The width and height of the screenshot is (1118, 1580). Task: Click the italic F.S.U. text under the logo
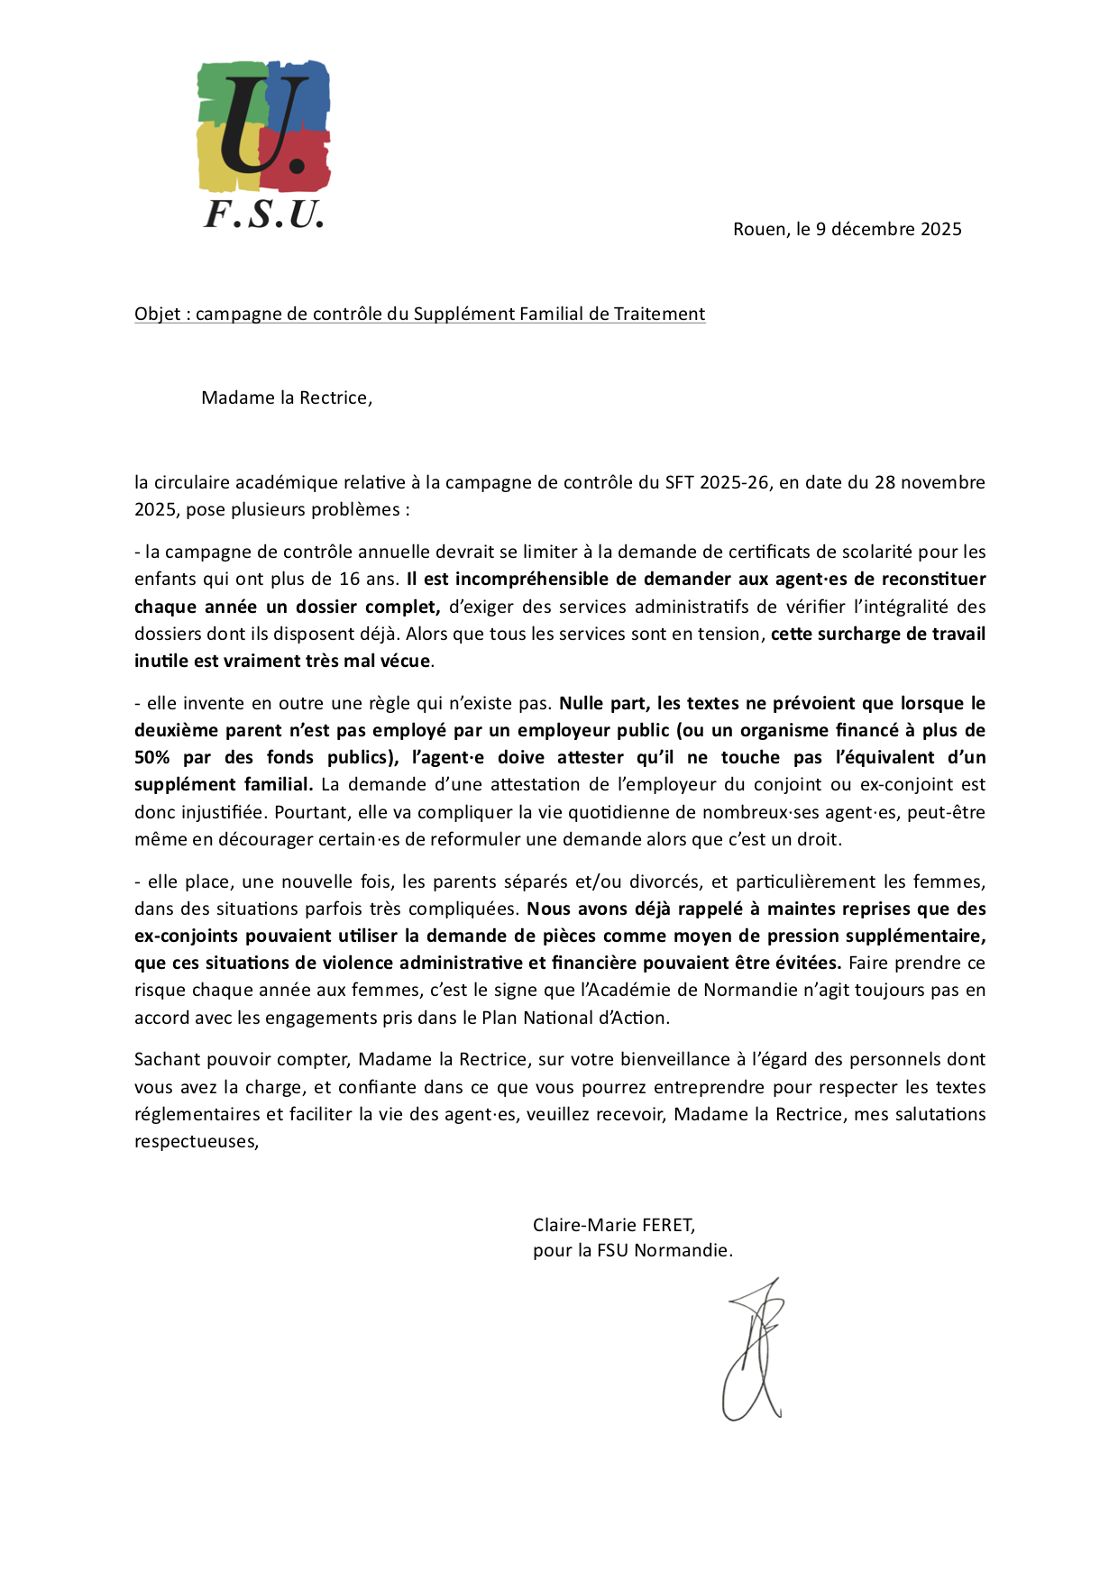coord(263,215)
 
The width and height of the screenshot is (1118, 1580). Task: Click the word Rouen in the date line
coord(759,229)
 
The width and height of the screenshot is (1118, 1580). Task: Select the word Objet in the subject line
coord(157,314)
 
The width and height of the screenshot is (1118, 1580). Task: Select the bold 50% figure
coord(151,757)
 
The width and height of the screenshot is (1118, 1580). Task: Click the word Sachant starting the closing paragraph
coord(168,1059)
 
